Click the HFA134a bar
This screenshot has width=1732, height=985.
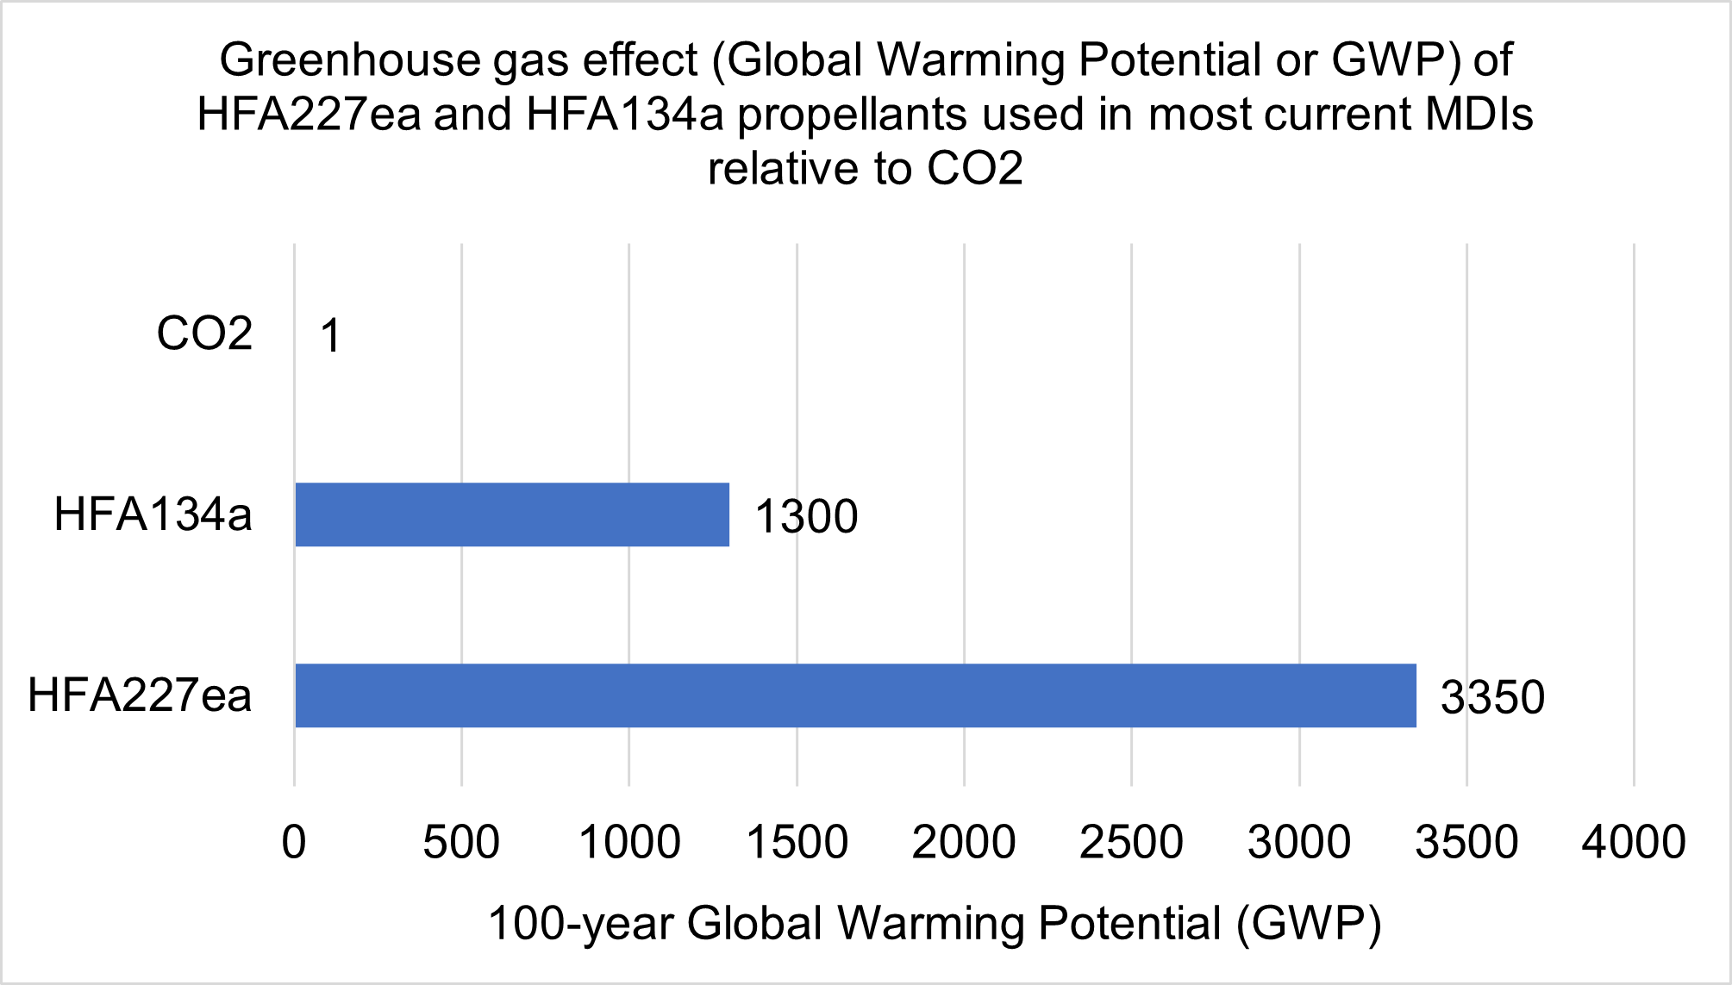512,514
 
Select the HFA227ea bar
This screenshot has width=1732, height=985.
855,695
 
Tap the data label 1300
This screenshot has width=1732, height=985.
806,517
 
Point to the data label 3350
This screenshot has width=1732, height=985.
1492,697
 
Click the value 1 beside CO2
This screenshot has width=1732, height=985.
331,335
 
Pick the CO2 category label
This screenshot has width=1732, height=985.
204,334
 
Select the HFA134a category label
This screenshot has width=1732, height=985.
153,514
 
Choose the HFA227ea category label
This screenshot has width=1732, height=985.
140,695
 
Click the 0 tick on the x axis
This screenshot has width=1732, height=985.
294,842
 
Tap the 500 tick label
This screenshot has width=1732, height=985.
461,842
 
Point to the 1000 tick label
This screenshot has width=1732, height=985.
629,842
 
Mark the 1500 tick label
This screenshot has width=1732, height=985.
797,842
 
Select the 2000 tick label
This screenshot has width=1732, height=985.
964,842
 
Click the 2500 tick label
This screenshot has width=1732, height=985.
1131,842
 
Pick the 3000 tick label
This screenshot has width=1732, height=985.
1299,842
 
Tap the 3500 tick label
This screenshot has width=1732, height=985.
1466,842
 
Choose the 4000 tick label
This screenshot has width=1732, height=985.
1634,842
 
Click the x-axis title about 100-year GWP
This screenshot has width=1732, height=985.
935,924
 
